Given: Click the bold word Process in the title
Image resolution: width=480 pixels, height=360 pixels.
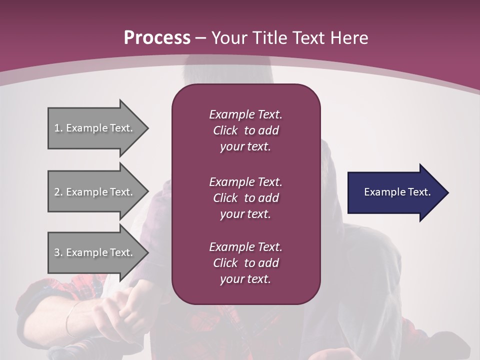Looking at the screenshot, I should pos(157,38).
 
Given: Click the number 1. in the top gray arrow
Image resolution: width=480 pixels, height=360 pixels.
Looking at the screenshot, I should pos(58,128).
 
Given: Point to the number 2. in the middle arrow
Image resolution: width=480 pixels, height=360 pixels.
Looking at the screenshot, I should pos(58,192).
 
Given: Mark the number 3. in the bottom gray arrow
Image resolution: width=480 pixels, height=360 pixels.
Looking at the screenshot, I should pos(58,252).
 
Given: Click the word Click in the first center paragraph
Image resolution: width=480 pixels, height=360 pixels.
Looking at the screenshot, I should pos(225,130).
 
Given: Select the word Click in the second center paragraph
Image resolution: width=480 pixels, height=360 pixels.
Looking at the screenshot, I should pos(225,198).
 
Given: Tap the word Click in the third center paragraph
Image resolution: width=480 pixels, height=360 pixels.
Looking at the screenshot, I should pos(225,263).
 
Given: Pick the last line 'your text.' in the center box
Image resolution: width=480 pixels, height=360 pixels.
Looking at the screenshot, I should pos(245,279).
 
